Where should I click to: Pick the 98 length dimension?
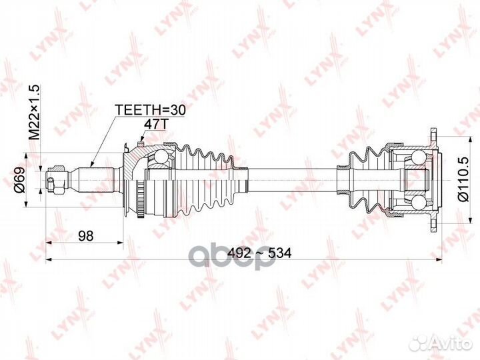tap(85, 235)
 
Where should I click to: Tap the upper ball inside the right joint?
tap(415, 159)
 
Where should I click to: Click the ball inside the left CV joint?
tap(160, 159)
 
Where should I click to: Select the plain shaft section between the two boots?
tap(287, 179)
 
